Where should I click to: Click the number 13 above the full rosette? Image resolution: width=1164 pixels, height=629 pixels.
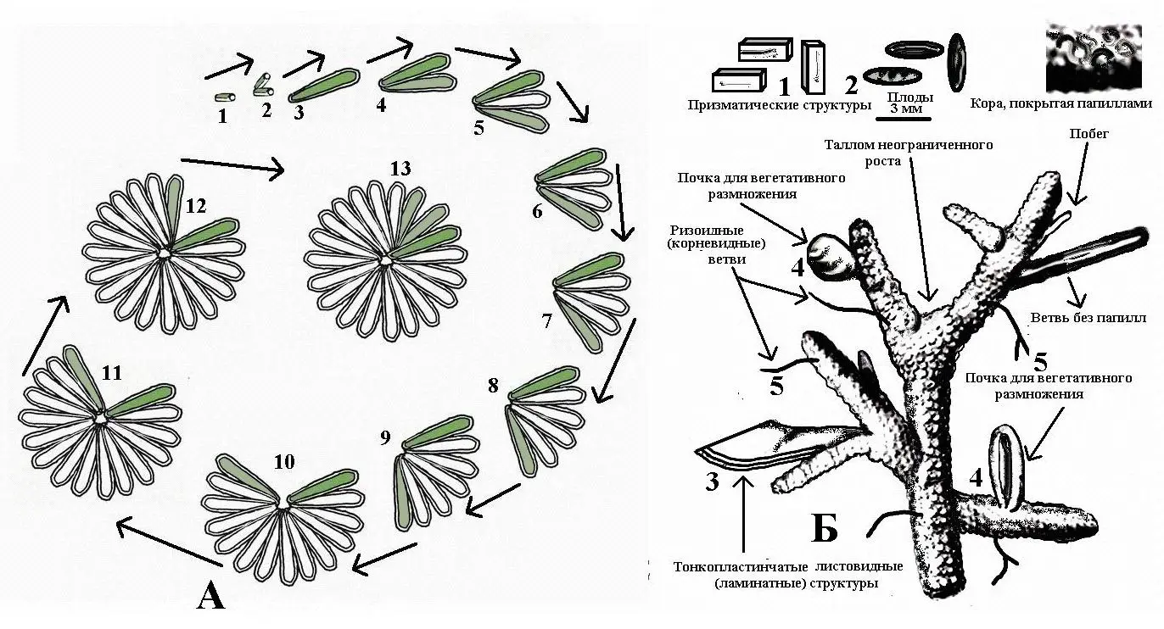(x=400, y=169)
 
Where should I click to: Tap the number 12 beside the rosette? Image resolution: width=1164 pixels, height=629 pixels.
(x=196, y=206)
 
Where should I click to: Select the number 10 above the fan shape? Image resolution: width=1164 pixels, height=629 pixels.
(x=284, y=461)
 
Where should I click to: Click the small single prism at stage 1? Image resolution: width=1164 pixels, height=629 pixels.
(x=225, y=97)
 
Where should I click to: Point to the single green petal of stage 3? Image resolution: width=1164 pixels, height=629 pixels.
(x=324, y=85)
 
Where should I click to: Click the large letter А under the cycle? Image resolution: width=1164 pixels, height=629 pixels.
(x=211, y=596)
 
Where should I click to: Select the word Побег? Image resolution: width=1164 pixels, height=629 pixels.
(x=1088, y=133)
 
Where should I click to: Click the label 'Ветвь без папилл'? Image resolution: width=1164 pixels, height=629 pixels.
(x=1088, y=317)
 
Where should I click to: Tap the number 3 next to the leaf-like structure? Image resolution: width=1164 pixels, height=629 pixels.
(x=712, y=482)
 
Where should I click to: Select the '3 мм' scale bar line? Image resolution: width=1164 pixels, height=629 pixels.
(x=904, y=120)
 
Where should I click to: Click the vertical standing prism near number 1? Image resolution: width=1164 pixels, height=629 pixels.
(x=813, y=68)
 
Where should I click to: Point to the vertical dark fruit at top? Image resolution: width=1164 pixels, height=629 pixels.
(x=957, y=63)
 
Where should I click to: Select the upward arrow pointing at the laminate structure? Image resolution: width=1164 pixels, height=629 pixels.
(x=745, y=515)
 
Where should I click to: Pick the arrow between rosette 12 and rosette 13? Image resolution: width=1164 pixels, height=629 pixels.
(x=232, y=166)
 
